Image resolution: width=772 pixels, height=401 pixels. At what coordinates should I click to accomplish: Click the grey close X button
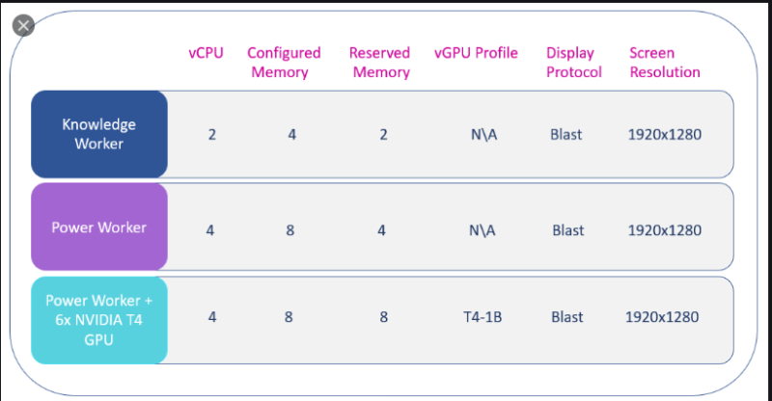[x=23, y=26]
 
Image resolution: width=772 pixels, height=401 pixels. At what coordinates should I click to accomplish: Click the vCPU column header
[x=206, y=53]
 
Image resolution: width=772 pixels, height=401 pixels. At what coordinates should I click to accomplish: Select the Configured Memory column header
[x=284, y=63]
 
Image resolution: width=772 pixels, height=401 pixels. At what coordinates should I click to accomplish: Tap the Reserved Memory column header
[x=379, y=63]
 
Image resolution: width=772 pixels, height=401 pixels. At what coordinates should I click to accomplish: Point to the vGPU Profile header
[x=476, y=53]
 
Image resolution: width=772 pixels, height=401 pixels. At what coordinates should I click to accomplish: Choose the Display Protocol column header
[x=573, y=63]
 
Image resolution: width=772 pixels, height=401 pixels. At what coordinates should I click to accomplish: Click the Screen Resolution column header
[x=665, y=63]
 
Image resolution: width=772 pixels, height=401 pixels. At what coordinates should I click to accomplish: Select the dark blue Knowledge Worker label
[x=99, y=134]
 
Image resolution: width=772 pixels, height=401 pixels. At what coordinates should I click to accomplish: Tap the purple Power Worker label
[x=99, y=227]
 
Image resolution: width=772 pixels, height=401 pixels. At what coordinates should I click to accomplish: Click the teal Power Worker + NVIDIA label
[x=99, y=320]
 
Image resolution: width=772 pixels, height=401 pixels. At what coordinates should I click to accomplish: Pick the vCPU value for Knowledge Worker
[x=211, y=134]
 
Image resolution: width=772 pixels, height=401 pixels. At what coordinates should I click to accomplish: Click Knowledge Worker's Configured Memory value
[x=292, y=134]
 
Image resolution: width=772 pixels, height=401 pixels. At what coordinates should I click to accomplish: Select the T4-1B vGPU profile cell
[x=482, y=317]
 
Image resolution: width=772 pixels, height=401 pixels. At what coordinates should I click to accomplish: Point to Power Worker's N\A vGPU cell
[x=482, y=230]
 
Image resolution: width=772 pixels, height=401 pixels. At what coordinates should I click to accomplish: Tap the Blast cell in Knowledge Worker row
[x=566, y=134]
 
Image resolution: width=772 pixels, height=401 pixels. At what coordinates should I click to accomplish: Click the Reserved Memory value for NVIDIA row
[x=383, y=317]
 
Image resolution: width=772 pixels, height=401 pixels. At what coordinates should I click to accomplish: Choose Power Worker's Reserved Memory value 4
[x=381, y=230]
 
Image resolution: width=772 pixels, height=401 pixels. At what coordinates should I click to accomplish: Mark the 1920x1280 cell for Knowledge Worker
[x=665, y=134]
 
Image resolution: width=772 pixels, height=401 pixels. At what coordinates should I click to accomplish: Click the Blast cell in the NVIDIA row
[x=567, y=317]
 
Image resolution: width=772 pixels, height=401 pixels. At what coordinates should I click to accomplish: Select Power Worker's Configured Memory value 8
[x=290, y=230]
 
